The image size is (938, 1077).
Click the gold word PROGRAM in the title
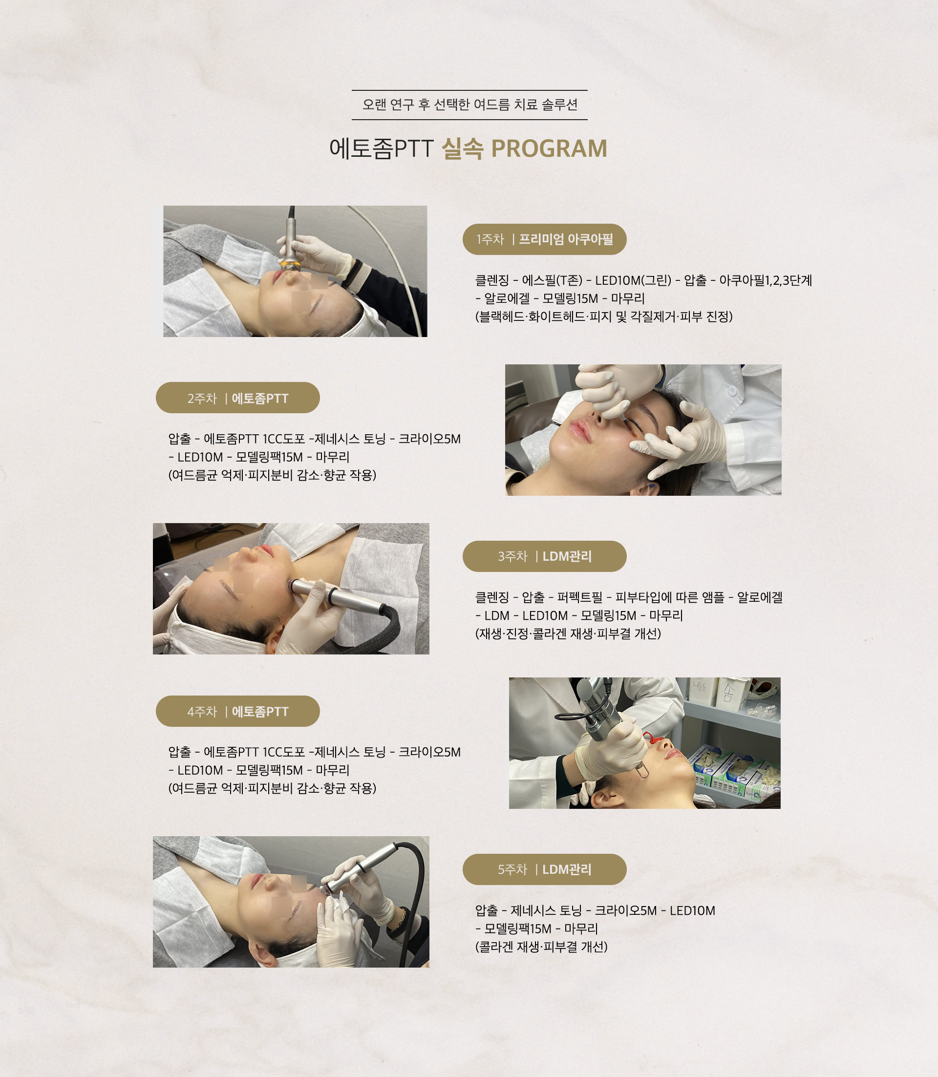(549, 148)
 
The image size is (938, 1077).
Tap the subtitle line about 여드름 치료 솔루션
(469, 105)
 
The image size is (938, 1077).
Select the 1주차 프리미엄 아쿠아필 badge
(544, 239)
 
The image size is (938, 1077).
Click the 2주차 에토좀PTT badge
(237, 398)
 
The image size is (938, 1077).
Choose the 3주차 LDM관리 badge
(544, 556)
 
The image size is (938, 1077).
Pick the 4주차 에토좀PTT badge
(237, 711)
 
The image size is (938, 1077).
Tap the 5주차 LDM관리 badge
(544, 869)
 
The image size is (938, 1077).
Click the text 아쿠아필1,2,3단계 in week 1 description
(765, 280)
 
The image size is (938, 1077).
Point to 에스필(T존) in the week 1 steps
(552, 280)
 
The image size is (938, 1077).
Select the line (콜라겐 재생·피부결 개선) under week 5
(541, 947)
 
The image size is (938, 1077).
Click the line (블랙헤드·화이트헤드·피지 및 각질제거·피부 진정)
(604, 317)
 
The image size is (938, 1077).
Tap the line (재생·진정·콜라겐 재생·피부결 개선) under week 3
(568, 634)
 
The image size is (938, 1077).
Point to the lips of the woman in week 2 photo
(578, 430)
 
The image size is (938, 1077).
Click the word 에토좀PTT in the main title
(381, 148)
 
